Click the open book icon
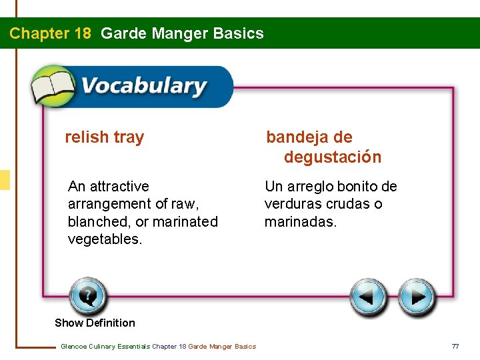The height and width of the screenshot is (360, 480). point(53,87)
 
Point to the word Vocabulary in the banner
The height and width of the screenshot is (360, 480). point(143,87)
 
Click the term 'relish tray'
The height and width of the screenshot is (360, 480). point(104,137)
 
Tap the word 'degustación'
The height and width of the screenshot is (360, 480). point(333,157)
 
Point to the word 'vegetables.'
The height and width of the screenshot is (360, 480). point(105,239)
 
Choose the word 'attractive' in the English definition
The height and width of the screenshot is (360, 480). point(119,187)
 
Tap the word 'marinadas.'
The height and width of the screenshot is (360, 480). point(301,221)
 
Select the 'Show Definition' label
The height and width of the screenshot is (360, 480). point(95,323)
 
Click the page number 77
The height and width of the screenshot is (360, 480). point(455,346)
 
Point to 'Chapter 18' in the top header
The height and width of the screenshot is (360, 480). point(50,33)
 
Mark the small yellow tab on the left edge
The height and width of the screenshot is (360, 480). point(5,180)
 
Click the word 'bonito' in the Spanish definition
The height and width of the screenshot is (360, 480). point(358,187)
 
